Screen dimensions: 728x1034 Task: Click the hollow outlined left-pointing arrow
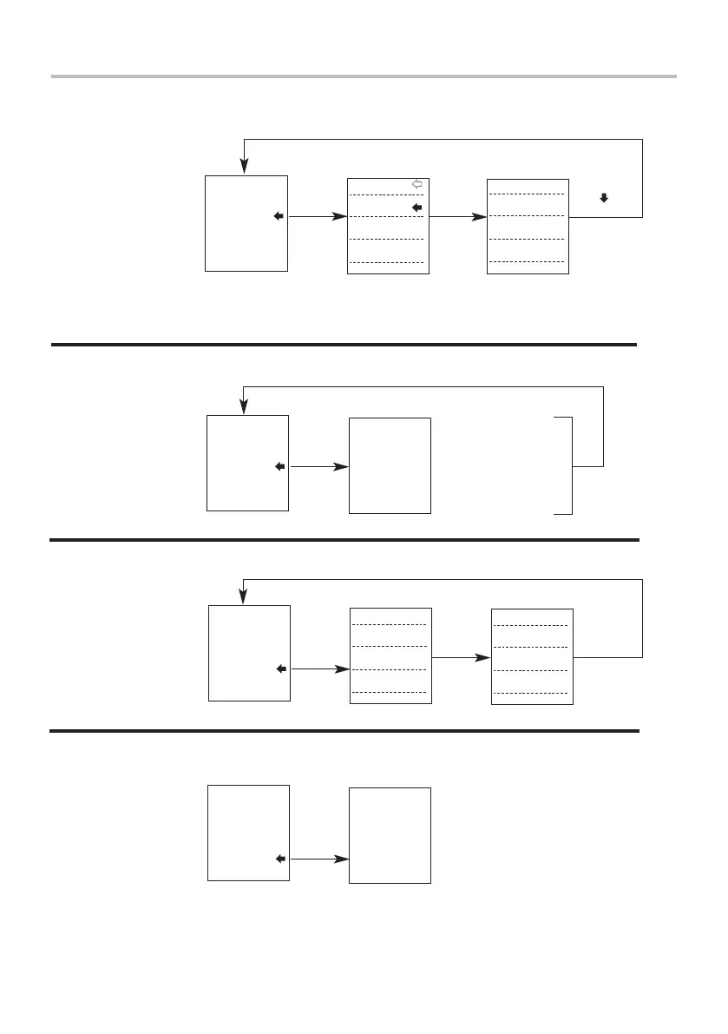(416, 184)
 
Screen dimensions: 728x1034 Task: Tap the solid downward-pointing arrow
(604, 198)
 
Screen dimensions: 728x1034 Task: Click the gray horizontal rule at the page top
(364, 76)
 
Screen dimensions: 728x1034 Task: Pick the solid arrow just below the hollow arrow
(416, 208)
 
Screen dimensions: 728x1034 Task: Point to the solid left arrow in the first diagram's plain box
(279, 216)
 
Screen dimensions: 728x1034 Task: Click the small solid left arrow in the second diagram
(280, 466)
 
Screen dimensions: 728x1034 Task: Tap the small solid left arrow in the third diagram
(280, 669)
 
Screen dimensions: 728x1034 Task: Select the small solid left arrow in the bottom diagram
(280, 859)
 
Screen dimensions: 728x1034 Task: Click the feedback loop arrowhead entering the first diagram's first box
(246, 165)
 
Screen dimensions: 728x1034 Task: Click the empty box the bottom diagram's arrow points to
(390, 835)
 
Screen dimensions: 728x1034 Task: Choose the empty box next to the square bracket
(390, 465)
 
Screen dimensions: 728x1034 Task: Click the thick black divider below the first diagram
(344, 345)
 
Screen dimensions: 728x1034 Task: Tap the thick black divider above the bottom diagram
(344, 731)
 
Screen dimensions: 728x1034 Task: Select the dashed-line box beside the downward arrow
(528, 226)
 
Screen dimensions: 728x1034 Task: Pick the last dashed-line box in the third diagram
(532, 656)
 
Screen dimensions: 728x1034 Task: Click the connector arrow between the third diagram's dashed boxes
(460, 657)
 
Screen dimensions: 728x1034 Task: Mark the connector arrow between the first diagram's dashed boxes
(458, 216)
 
